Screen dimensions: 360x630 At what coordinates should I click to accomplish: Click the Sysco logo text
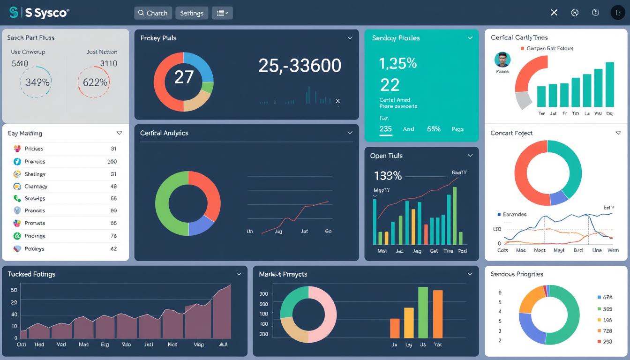(x=46, y=13)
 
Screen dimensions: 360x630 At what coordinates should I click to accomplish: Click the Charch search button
(x=153, y=13)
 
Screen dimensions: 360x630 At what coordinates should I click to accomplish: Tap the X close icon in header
(x=554, y=13)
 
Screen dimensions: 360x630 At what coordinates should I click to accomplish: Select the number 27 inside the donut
(x=184, y=77)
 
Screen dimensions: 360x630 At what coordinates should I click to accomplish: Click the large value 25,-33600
(x=300, y=66)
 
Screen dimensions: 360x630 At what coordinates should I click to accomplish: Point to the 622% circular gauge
(x=95, y=82)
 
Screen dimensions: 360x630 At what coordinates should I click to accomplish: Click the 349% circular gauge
(x=37, y=82)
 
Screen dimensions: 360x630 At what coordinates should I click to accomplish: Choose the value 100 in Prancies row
(x=112, y=161)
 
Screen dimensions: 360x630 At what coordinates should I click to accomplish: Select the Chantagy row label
(x=36, y=186)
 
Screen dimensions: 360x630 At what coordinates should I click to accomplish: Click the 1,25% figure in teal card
(x=397, y=63)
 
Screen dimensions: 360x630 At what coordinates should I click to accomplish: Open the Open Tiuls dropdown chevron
(x=470, y=156)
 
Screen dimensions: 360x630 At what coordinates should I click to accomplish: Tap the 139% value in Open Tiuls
(x=388, y=176)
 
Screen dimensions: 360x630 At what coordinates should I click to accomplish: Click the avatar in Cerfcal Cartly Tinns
(x=502, y=60)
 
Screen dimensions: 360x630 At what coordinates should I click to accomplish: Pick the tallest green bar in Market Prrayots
(x=423, y=312)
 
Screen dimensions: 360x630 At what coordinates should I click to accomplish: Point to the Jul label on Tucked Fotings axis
(x=223, y=344)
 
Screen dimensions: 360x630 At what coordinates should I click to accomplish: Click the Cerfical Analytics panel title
(x=164, y=133)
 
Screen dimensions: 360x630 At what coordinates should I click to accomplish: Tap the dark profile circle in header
(x=618, y=13)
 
